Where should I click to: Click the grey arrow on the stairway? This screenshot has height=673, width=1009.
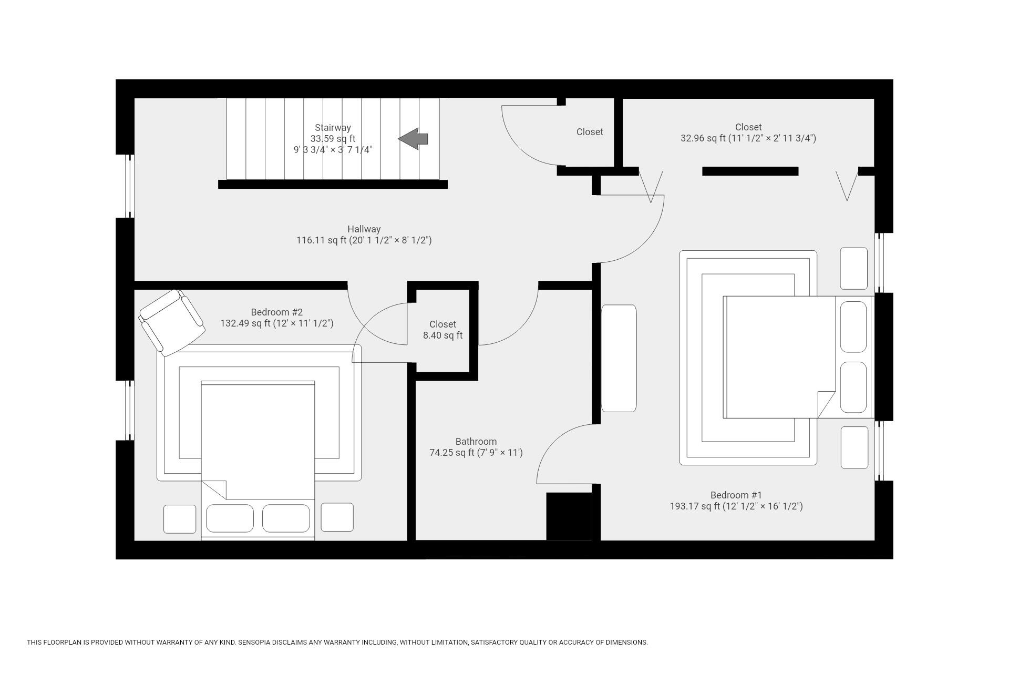click(414, 139)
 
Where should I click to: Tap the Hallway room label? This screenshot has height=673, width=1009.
click(364, 229)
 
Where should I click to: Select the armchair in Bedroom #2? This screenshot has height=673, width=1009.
click(172, 322)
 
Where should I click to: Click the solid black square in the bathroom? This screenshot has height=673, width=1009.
click(569, 516)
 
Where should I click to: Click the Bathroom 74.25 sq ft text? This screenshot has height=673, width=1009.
click(476, 447)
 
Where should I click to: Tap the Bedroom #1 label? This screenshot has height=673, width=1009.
click(736, 495)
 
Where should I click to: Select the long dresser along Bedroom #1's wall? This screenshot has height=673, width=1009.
click(619, 358)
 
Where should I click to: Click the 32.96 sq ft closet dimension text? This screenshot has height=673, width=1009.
click(748, 138)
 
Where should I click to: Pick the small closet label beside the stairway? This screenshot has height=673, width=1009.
click(590, 132)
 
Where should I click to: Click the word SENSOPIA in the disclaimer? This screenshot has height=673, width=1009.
click(256, 643)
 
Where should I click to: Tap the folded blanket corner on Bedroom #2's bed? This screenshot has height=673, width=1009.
click(215, 489)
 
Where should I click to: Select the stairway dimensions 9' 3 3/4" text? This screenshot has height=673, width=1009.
click(333, 150)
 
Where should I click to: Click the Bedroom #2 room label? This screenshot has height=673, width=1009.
click(276, 312)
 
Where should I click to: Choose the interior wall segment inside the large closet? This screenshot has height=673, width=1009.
click(750, 171)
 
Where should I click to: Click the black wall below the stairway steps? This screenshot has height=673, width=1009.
click(333, 184)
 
